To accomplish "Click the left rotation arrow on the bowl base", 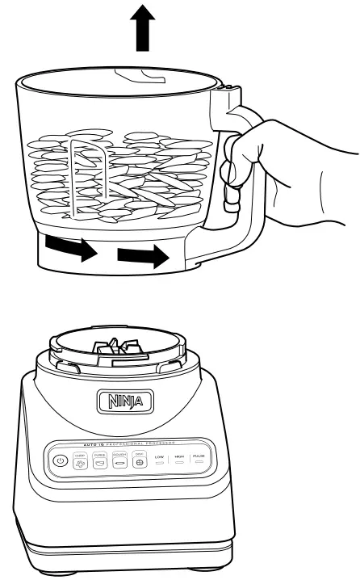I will pos(69,248).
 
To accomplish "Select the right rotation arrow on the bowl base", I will pos(143,258).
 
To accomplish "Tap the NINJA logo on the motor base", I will pos(119,400).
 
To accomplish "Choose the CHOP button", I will pos(80,460).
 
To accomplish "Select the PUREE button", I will pos(100,460).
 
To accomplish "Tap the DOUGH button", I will pos(119,460).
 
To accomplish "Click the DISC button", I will pos(139,460).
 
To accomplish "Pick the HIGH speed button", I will pos(179,461).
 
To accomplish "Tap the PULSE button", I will pos(199,461).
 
